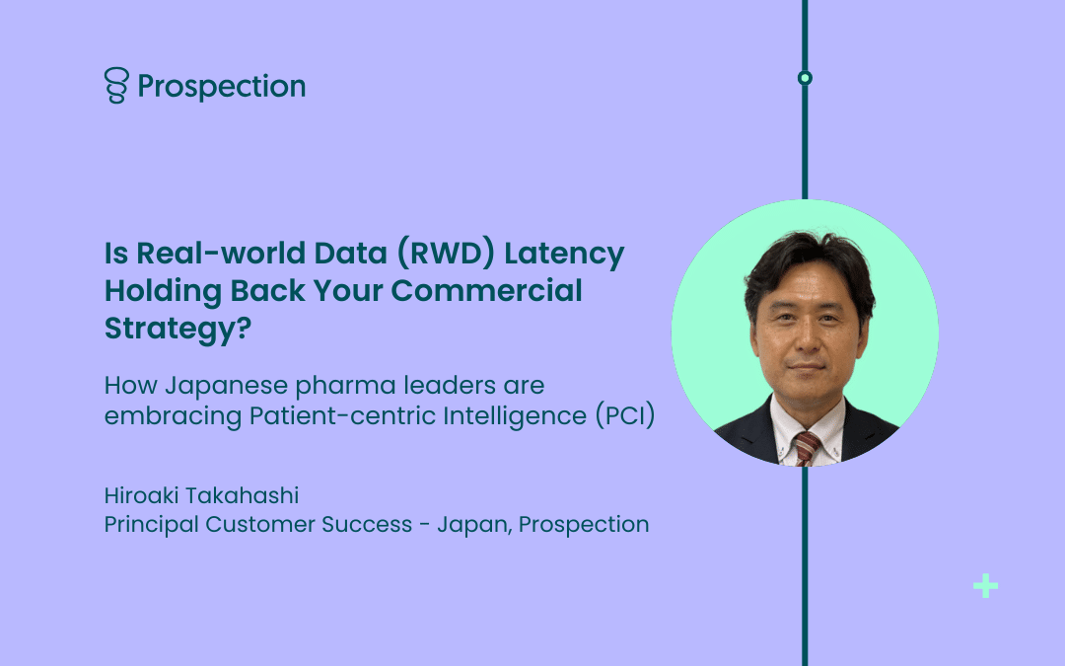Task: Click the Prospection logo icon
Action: [116, 85]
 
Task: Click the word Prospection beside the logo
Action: [222, 87]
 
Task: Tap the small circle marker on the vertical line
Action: [805, 78]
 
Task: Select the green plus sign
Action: [985, 586]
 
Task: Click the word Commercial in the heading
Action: [486, 290]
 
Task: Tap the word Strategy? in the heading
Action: [177, 329]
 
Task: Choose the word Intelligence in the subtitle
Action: [515, 416]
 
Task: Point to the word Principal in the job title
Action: [152, 525]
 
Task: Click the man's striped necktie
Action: [807, 449]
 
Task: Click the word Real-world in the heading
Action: [221, 253]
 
